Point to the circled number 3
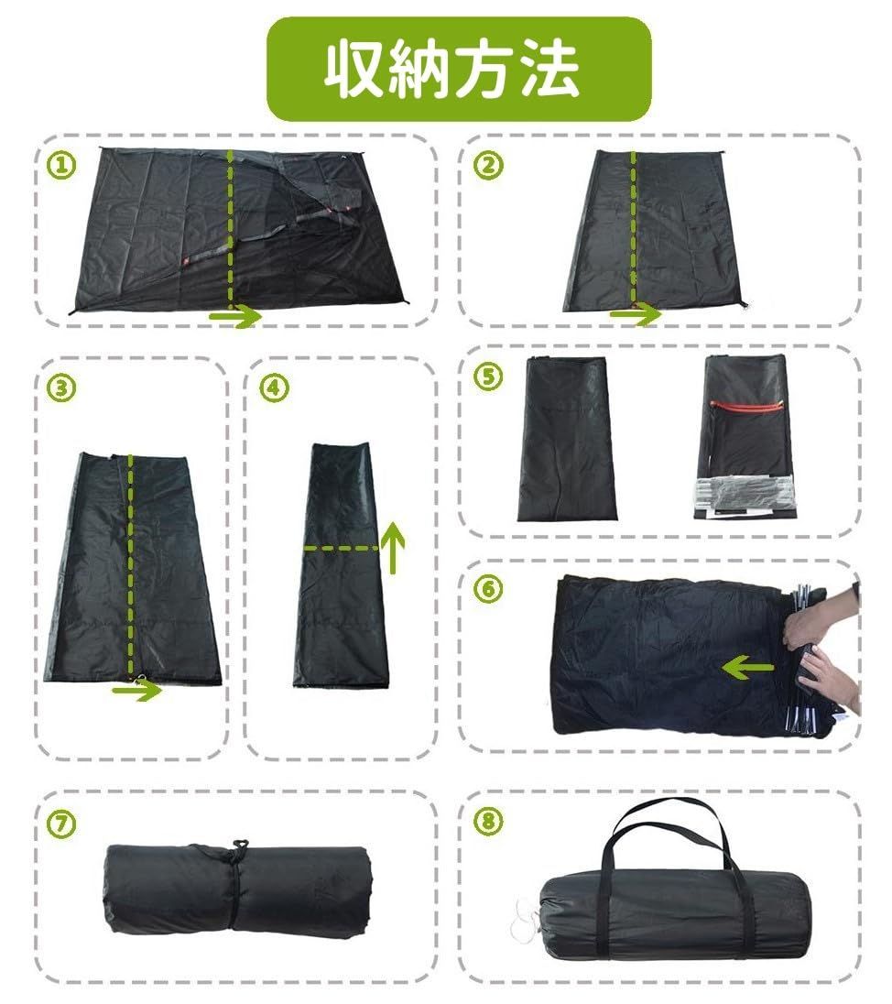pos(60,387)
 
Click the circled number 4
pos(271,387)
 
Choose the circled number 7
pos(60,822)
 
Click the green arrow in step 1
pos(236,317)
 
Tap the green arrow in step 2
pos(635,314)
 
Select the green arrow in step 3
pos(136,690)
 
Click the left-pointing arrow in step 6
pos(746,668)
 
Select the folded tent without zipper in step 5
pos(565,440)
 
